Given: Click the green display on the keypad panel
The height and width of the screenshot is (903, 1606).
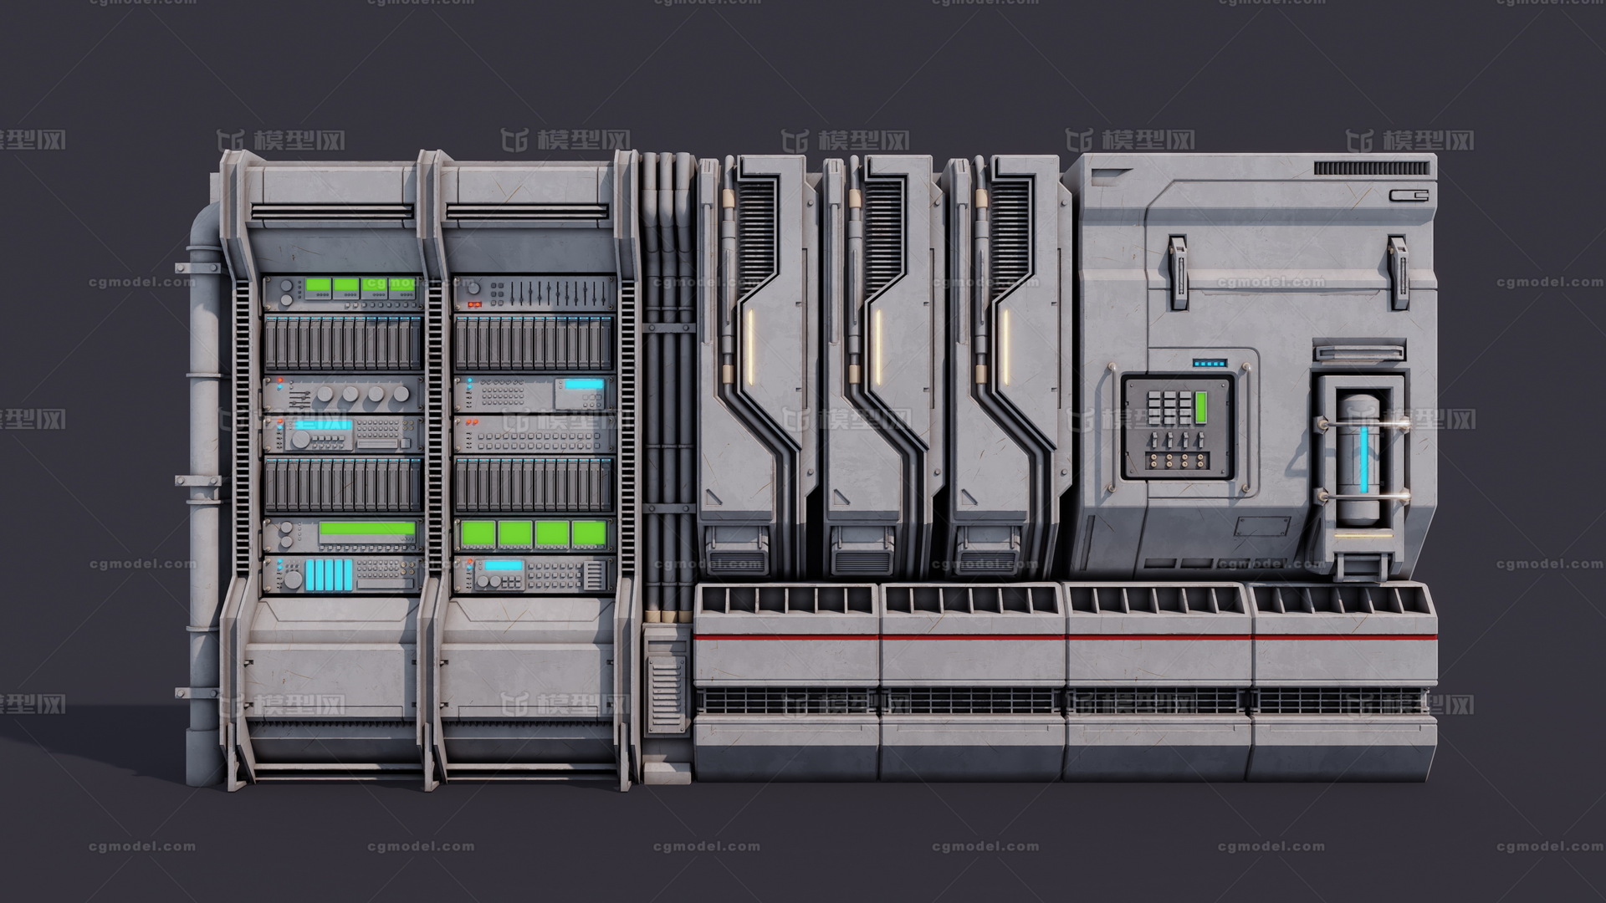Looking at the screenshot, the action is (1202, 406).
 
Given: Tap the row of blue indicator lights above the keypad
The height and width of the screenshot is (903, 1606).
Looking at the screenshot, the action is (1210, 364).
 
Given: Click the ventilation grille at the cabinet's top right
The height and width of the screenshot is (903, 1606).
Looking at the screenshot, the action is (1371, 168).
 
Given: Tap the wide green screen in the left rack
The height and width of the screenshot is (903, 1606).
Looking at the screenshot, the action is (367, 528).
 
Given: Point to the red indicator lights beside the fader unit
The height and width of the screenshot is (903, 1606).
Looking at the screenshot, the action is (474, 304).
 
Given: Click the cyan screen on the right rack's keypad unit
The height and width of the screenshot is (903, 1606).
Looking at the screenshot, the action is (584, 385).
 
